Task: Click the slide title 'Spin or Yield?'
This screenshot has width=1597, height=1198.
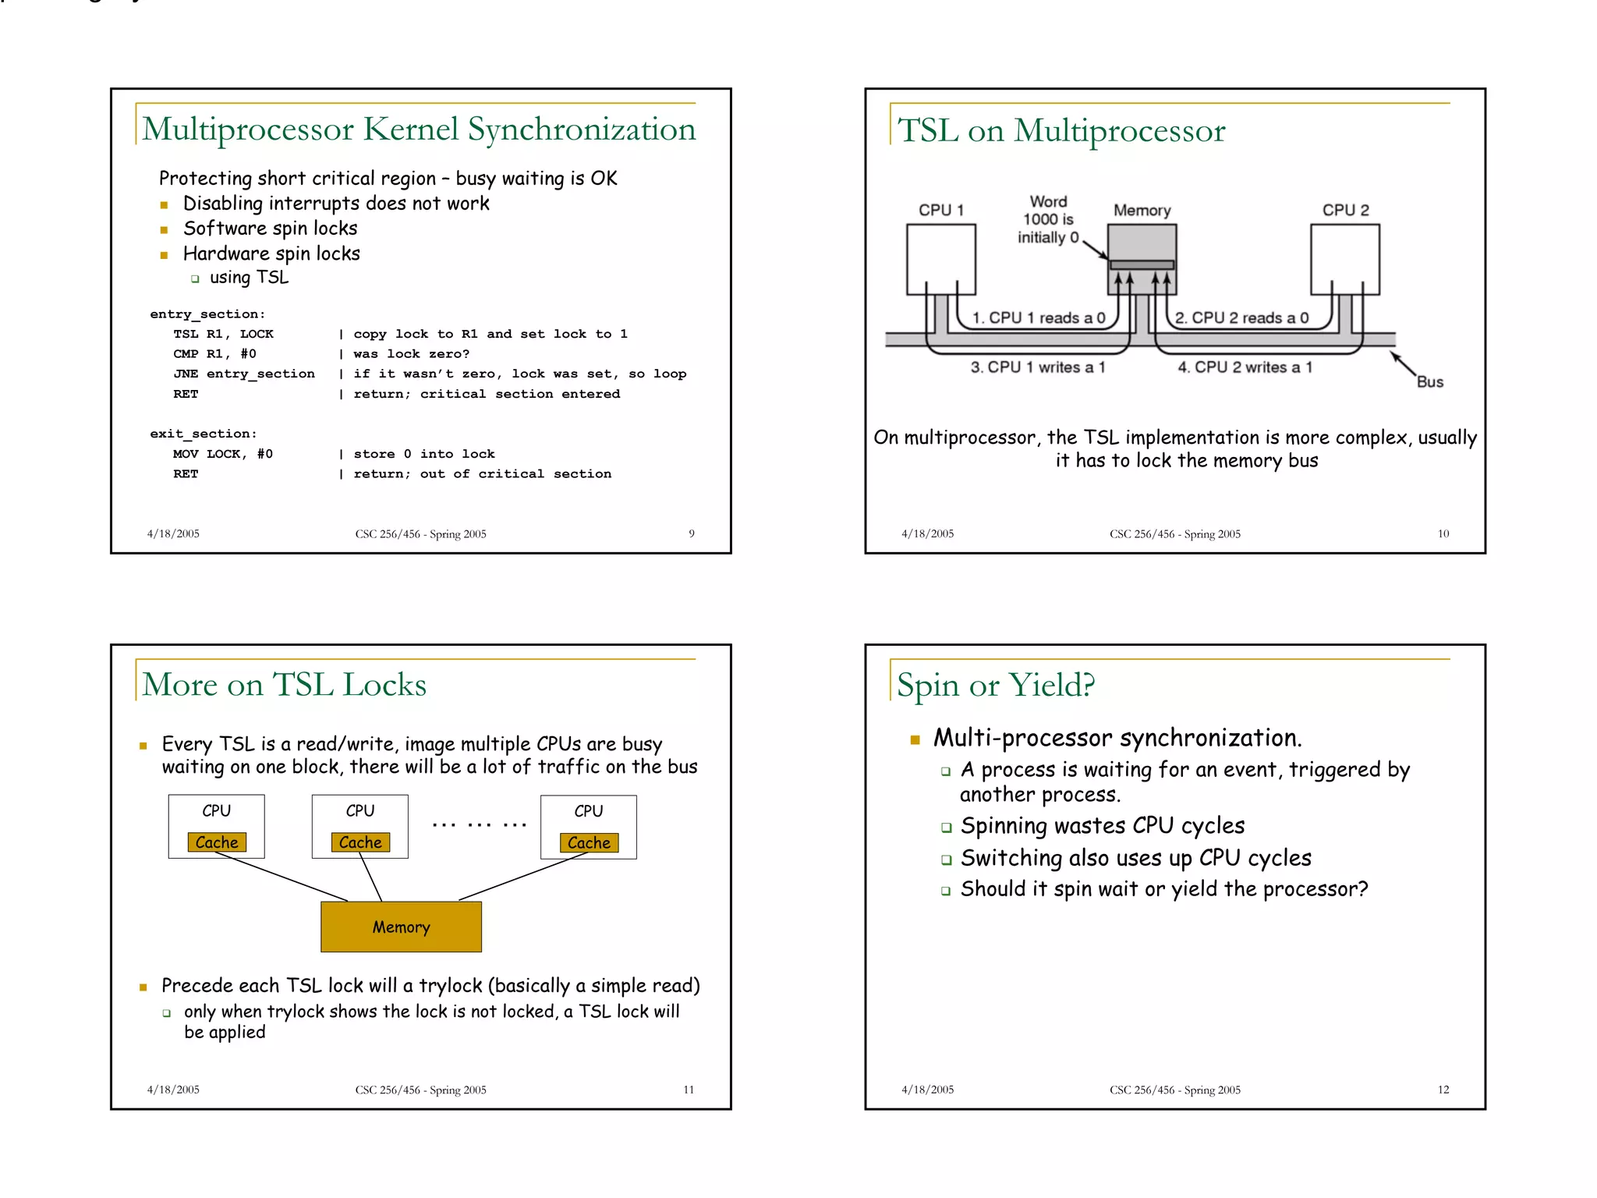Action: point(995,686)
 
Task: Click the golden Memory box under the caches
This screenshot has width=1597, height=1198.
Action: point(401,927)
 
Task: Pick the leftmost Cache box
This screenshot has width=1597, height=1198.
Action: point(217,842)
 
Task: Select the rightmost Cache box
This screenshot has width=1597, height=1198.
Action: point(589,842)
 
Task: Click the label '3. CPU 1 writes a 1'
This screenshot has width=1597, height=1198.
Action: point(1037,367)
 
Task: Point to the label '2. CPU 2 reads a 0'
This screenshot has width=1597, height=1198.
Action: point(1241,317)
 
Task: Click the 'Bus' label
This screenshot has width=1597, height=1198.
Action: point(1429,381)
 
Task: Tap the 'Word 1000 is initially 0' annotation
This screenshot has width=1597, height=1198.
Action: point(1048,220)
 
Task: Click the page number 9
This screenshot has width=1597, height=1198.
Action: point(691,533)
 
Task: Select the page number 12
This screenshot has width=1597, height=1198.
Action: point(1443,1090)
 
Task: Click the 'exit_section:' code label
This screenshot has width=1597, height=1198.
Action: point(203,434)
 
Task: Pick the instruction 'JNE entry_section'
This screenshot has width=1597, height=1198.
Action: point(244,374)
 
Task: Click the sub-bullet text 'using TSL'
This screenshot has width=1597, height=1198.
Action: point(249,278)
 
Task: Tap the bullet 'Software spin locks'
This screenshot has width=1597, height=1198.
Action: point(270,229)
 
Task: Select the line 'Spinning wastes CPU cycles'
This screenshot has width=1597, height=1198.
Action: point(1102,826)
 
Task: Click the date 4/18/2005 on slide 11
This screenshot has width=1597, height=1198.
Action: point(173,1090)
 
